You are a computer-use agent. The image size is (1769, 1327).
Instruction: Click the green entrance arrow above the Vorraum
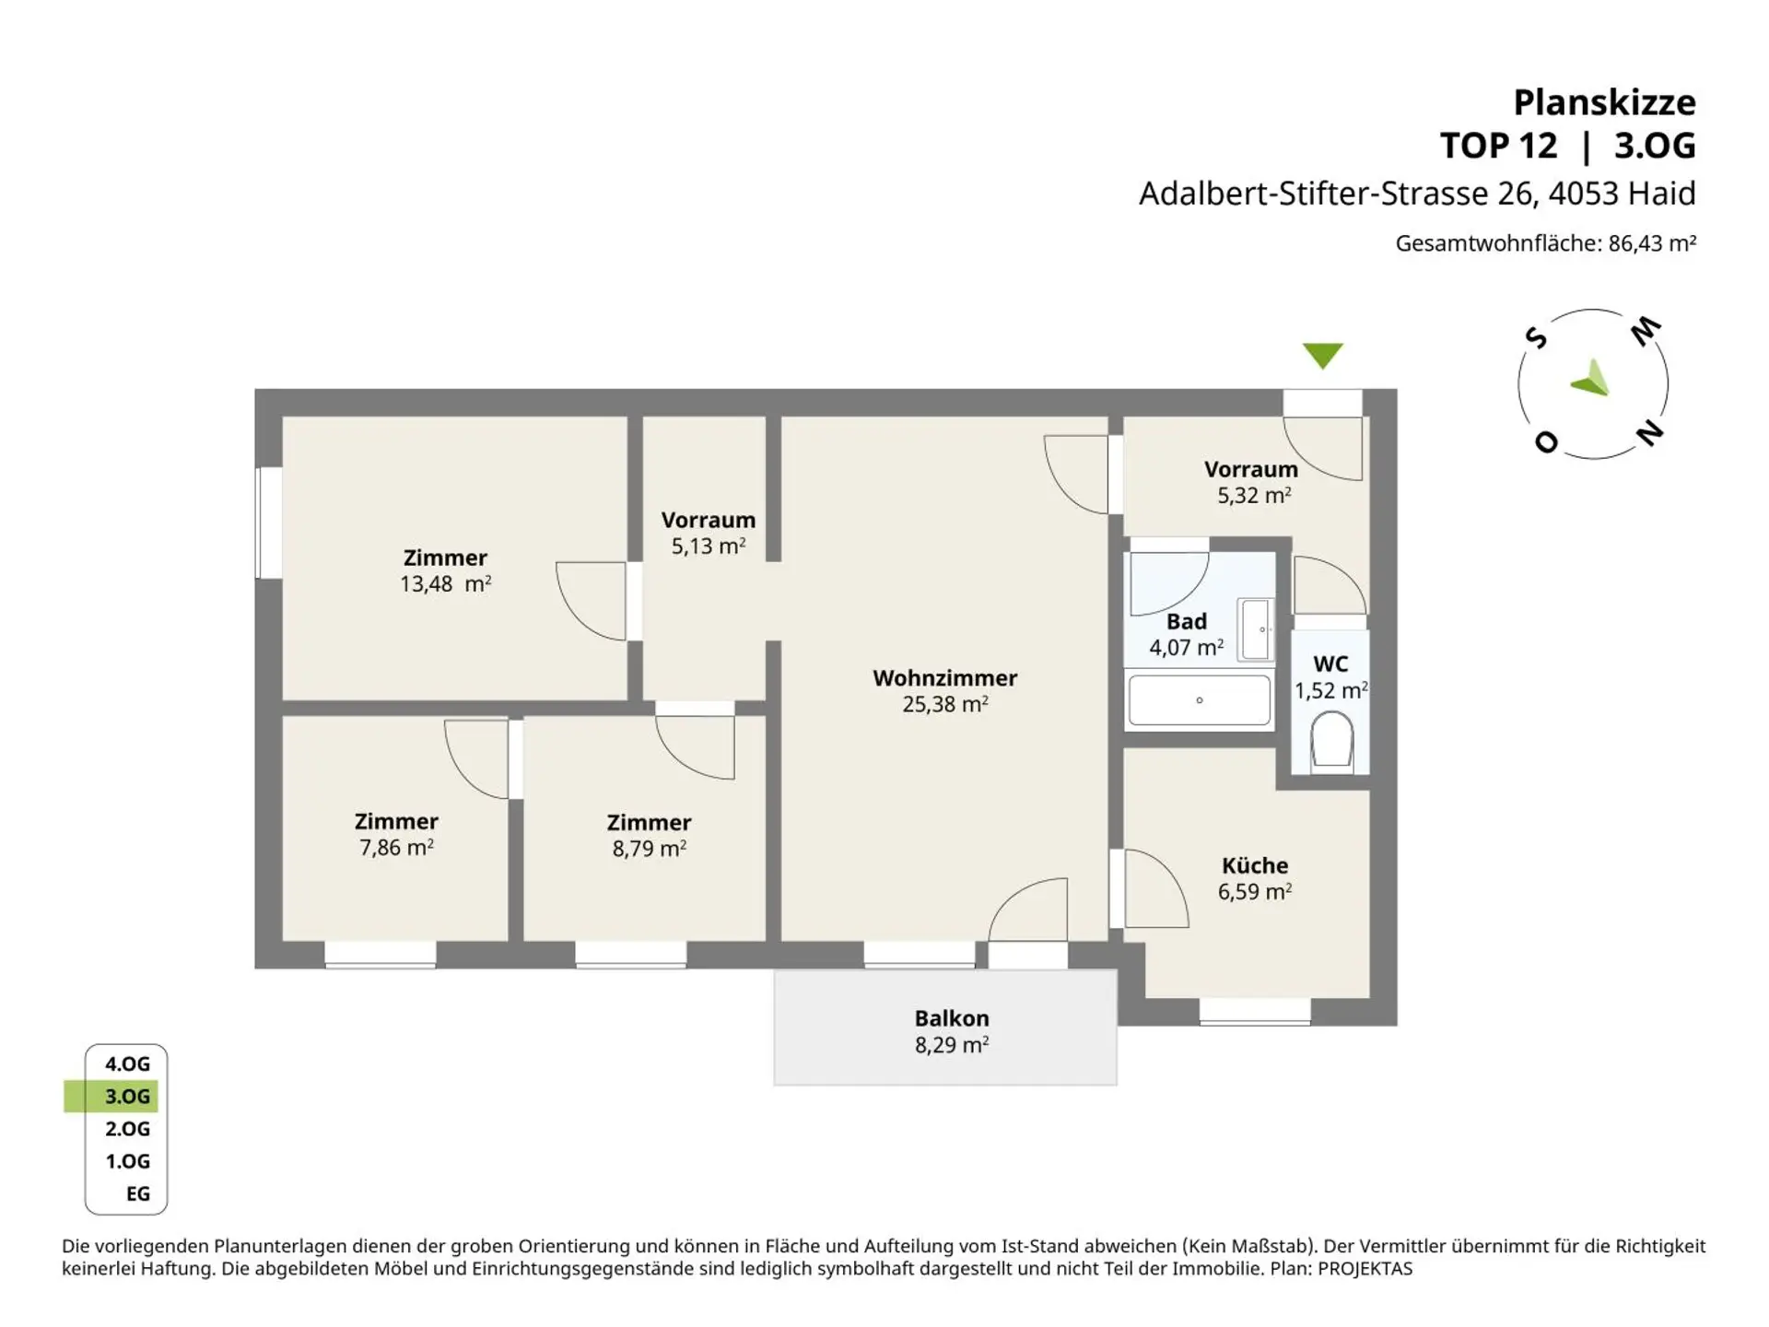pos(1323,355)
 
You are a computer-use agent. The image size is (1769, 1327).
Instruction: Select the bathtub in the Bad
pos(1200,700)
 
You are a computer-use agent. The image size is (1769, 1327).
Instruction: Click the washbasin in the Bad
pos(1257,629)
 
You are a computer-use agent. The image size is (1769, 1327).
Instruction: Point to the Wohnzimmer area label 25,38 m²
pos(945,704)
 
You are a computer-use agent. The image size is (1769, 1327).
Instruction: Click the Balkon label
pos(952,1018)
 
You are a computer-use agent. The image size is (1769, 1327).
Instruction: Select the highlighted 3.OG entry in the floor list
pos(127,1096)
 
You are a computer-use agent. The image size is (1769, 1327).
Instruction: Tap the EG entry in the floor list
pos(138,1193)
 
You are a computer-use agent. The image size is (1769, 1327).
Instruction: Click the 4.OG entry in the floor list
pos(127,1063)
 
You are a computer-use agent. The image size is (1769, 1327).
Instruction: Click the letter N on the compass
pos(1649,432)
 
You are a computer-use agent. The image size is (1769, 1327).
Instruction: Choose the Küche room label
pos(1255,865)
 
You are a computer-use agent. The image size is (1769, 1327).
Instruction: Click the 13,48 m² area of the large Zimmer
pos(445,583)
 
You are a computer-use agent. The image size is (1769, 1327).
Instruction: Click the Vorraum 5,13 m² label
pos(708,533)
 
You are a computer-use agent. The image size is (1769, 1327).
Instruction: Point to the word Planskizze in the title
pos(1604,102)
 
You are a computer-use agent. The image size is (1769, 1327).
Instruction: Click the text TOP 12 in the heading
pos(1498,146)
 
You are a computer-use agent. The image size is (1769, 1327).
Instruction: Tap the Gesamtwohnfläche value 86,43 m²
pos(1652,243)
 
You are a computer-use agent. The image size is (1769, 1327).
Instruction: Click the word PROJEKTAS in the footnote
pos(1365,1269)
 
